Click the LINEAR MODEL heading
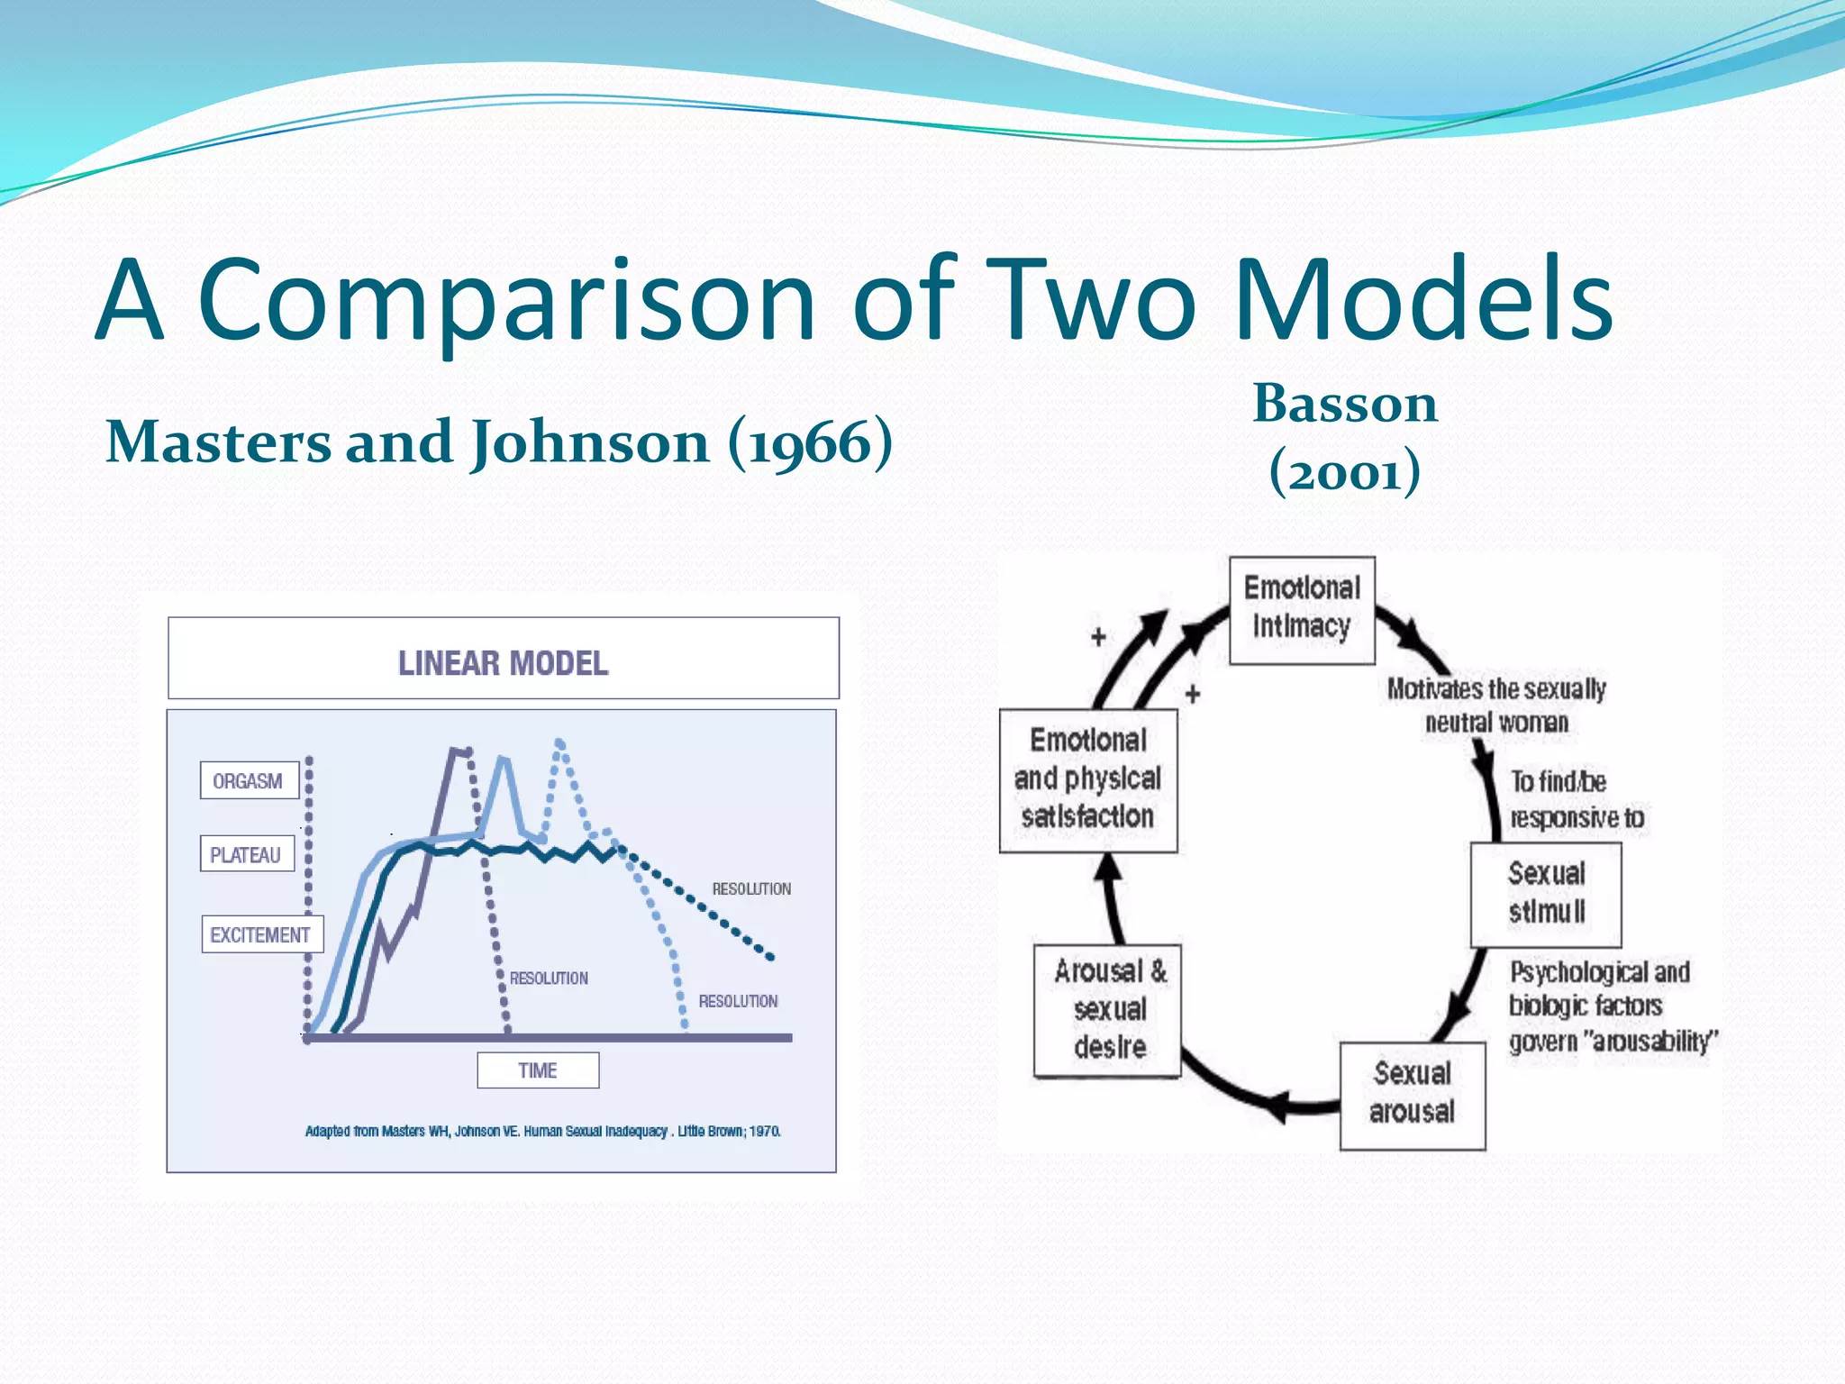tap(503, 663)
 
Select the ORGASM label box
tap(249, 780)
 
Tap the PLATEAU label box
tap(247, 854)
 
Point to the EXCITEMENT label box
tap(261, 934)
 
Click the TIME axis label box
tap(538, 1070)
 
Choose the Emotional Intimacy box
tap(1302, 610)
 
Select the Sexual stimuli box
tap(1546, 894)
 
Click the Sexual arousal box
tap(1412, 1095)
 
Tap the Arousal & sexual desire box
tap(1108, 1010)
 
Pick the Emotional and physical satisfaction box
tap(1088, 780)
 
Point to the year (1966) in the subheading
tap(810, 443)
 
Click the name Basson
tap(1344, 405)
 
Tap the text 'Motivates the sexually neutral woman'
tap(1496, 706)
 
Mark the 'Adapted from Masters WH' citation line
tap(542, 1131)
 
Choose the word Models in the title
tap(1422, 302)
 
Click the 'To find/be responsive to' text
tap(1576, 799)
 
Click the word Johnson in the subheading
tap(590, 443)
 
